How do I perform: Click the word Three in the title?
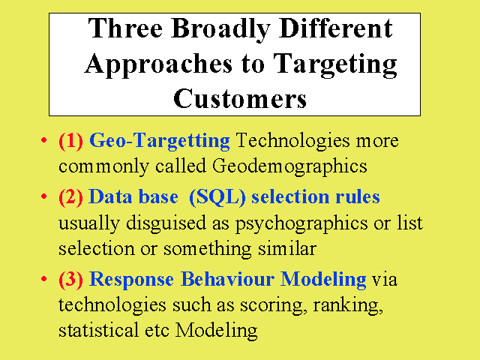[x=125, y=28]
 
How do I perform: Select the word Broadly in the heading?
[x=220, y=30]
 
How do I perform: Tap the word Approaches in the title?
[x=158, y=65]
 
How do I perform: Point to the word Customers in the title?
[x=240, y=98]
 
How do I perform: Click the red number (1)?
[x=70, y=141]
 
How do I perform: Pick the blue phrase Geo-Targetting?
[x=160, y=142]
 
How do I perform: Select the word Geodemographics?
[x=289, y=167]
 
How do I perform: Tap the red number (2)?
[x=70, y=196]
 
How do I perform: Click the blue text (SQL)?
[x=217, y=196]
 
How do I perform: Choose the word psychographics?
[x=301, y=223]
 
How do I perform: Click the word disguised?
[x=166, y=223]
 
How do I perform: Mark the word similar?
[x=286, y=248]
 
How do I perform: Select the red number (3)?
[x=70, y=280]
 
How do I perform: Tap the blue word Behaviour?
[x=227, y=279]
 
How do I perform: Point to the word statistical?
[x=98, y=330]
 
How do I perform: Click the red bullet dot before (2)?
[x=43, y=196]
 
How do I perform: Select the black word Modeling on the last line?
[x=216, y=331]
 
